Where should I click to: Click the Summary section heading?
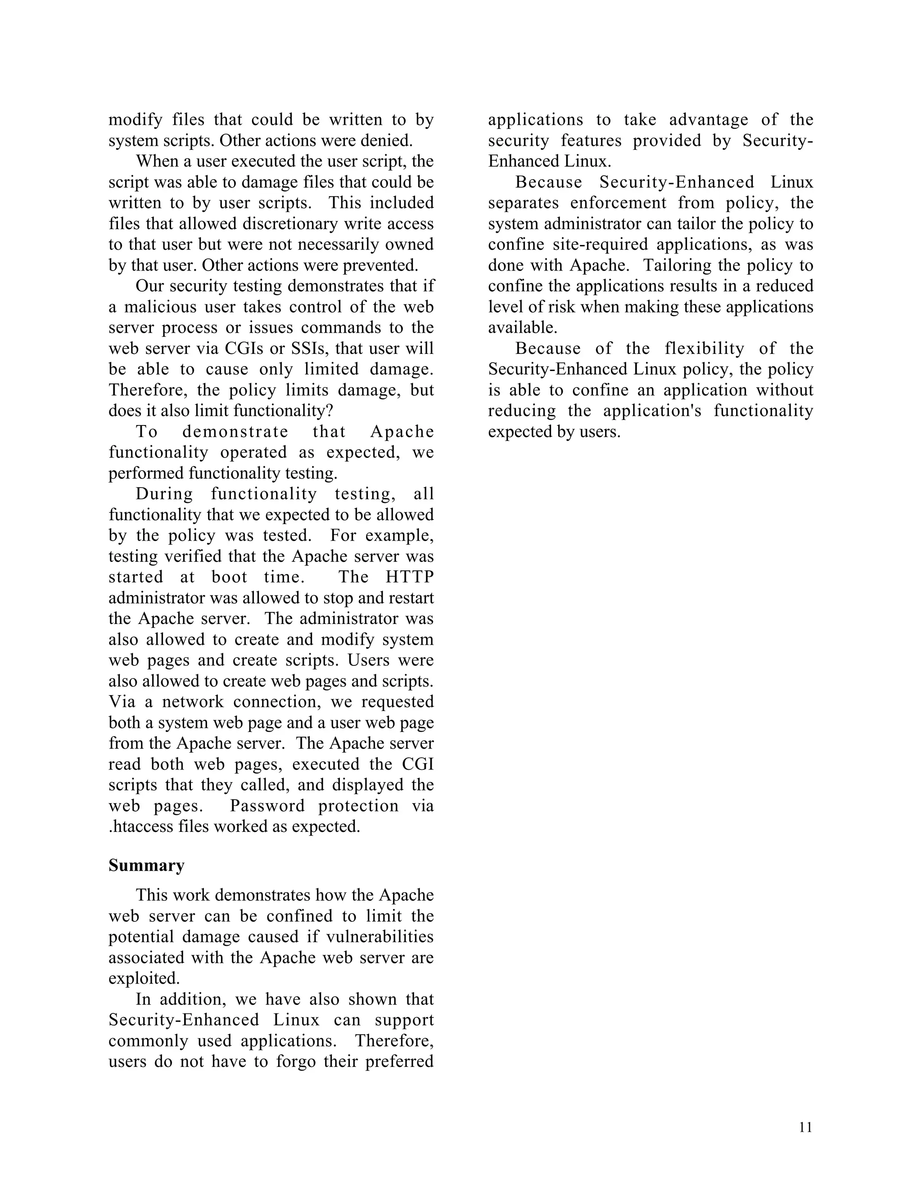click(146, 866)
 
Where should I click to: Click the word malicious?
click(162, 307)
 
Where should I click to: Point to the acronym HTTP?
click(410, 577)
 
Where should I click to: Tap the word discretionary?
click(264, 224)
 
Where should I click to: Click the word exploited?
click(144, 978)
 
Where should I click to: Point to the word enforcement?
click(618, 203)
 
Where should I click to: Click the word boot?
click(230, 577)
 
